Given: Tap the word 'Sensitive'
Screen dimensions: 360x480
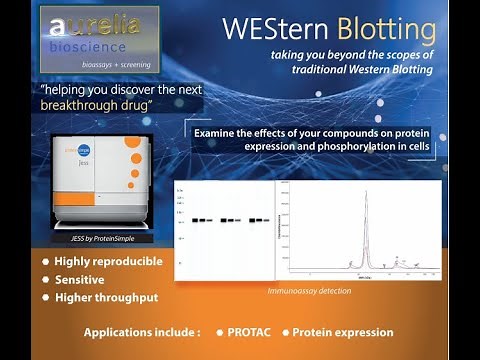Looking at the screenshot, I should pos(80,280).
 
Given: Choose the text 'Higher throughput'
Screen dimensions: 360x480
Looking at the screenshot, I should pos(107,297).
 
